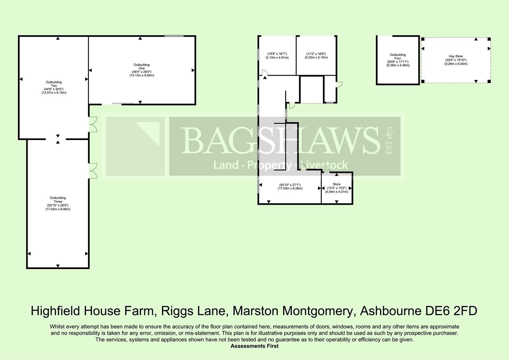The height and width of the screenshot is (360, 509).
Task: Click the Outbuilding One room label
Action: coord(142,66)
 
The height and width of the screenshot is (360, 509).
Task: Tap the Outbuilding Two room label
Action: coord(54,84)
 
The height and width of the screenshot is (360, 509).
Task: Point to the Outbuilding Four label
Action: coord(398,56)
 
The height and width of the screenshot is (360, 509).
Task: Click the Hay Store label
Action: coord(455,56)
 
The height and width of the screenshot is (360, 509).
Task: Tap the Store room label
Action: coord(336,184)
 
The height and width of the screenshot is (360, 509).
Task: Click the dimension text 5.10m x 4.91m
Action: coord(277,58)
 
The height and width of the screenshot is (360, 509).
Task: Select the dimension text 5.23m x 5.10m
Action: coord(316,58)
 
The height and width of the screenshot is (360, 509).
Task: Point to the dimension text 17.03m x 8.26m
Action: coord(290,189)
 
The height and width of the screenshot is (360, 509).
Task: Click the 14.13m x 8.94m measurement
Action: coord(142,75)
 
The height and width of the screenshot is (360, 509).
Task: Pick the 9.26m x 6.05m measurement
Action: coord(456,64)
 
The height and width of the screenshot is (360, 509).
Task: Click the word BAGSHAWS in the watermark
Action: coord(280,140)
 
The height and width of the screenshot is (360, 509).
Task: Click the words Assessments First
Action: coord(254,346)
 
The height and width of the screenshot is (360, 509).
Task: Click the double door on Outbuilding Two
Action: coord(93,125)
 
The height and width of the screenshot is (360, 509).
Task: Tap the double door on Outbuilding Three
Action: coord(93,171)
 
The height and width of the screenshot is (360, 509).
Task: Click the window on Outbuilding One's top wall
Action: coord(174,36)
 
